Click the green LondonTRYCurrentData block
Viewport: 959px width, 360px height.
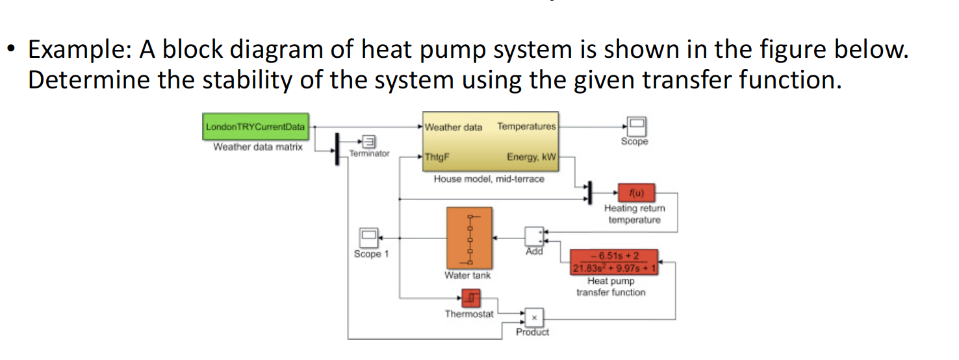point(256,126)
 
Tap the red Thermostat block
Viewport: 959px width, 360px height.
point(471,298)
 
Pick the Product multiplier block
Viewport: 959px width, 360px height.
point(533,317)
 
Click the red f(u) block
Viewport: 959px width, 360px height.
point(634,192)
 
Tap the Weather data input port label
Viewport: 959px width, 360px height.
point(454,127)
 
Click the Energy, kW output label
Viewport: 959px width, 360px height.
point(531,157)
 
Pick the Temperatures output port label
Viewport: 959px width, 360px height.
point(526,126)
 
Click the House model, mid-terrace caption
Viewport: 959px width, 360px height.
point(489,179)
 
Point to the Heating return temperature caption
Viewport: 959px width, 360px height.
point(634,214)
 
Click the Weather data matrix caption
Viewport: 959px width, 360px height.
point(258,147)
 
